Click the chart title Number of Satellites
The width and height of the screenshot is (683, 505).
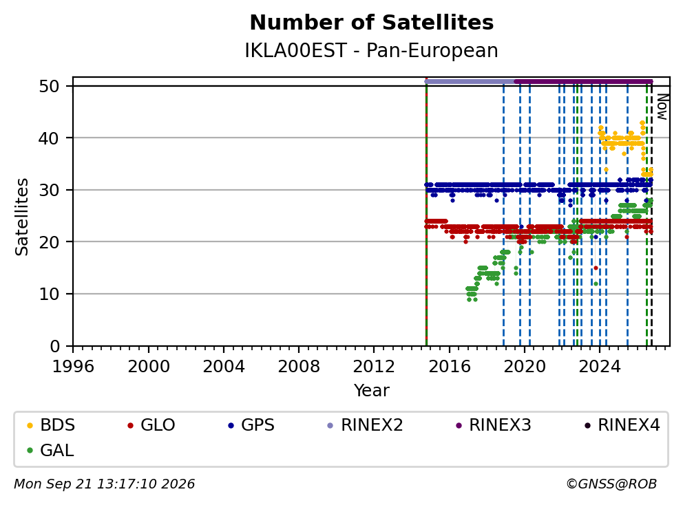[372, 23]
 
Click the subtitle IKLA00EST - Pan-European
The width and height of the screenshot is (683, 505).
[372, 50]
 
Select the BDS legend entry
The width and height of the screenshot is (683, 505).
[51, 425]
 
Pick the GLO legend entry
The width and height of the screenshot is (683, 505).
[151, 425]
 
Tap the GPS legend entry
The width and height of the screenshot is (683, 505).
[251, 425]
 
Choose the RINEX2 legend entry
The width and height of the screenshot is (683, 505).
[366, 425]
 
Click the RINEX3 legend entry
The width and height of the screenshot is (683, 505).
[494, 425]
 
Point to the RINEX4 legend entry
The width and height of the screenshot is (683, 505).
[622, 425]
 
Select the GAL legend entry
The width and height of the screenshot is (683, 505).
[50, 450]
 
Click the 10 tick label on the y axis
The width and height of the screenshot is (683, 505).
[49, 294]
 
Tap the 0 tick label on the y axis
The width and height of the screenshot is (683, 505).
[54, 346]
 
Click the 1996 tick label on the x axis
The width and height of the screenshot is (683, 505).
[73, 367]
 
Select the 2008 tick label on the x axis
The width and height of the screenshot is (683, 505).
[298, 367]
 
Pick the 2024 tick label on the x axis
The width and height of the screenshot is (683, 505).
[600, 367]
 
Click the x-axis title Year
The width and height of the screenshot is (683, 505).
[372, 391]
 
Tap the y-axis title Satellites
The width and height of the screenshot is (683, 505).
[22, 217]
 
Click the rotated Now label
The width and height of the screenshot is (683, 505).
[662, 107]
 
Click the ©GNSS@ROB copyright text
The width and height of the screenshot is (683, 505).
[611, 484]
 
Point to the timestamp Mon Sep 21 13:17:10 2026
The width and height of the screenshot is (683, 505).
[105, 484]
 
